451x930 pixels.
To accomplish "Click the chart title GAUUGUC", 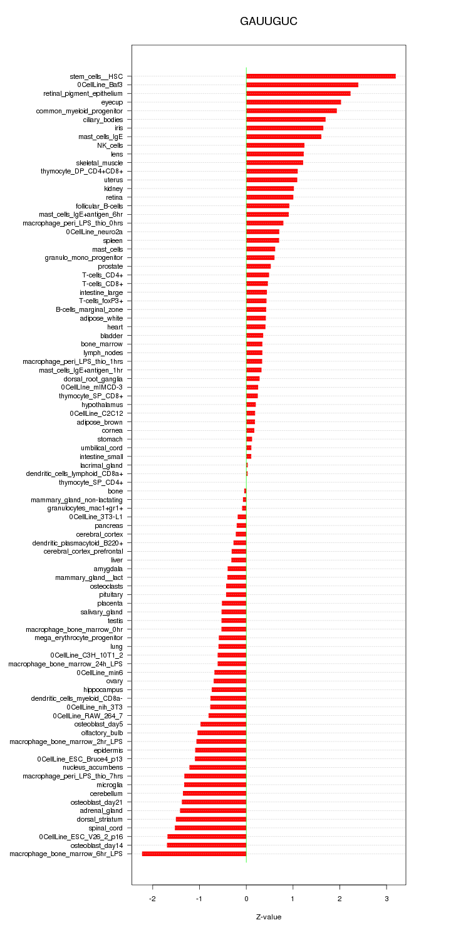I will pyautogui.click(x=268, y=22).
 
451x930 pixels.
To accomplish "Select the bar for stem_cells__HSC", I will pyautogui.click(x=321, y=76).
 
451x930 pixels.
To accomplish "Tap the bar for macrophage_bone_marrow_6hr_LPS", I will pyautogui.click(x=194, y=854).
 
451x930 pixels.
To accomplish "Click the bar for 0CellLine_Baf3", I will pyautogui.click(x=302, y=85).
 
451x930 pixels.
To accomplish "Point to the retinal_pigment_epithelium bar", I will pyautogui.click(x=298, y=93).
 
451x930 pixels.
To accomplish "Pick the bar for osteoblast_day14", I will pyautogui.click(x=207, y=845).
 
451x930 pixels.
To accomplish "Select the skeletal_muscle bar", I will pyautogui.click(x=274, y=163).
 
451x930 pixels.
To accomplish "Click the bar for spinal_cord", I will pyautogui.click(x=210, y=828).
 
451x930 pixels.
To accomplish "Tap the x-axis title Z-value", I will pyautogui.click(x=269, y=917).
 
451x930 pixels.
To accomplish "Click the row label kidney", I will pyautogui.click(x=113, y=189).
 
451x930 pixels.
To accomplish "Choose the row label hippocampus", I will pyautogui.click(x=103, y=690).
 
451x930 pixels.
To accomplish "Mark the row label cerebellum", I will pyautogui.click(x=106, y=793).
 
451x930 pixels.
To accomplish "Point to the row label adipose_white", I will pyautogui.click(x=101, y=318).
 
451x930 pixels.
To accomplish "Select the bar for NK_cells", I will pyautogui.click(x=275, y=145).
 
